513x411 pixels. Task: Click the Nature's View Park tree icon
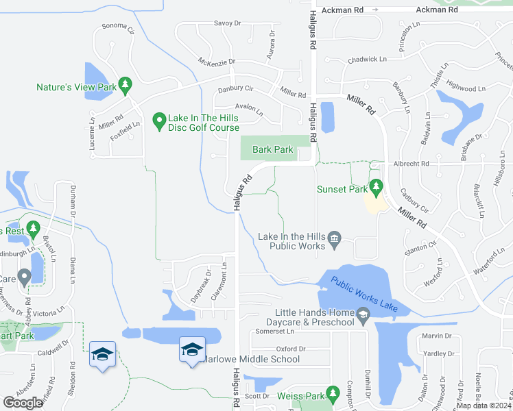(x=124, y=85)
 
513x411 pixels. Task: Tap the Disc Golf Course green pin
(x=159, y=121)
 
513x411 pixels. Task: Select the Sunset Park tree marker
(x=375, y=186)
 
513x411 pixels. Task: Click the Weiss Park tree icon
(x=333, y=393)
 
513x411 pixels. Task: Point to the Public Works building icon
(x=335, y=238)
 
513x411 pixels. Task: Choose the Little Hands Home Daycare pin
(x=363, y=315)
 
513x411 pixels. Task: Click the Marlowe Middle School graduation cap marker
(x=192, y=349)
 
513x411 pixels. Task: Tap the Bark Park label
(x=273, y=149)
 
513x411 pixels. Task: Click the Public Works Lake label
(x=363, y=293)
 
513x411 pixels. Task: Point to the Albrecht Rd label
(x=411, y=164)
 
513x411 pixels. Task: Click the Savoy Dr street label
(x=228, y=23)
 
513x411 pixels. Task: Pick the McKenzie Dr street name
(x=217, y=61)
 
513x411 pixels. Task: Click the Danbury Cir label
(x=236, y=88)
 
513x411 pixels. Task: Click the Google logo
(x=23, y=402)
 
